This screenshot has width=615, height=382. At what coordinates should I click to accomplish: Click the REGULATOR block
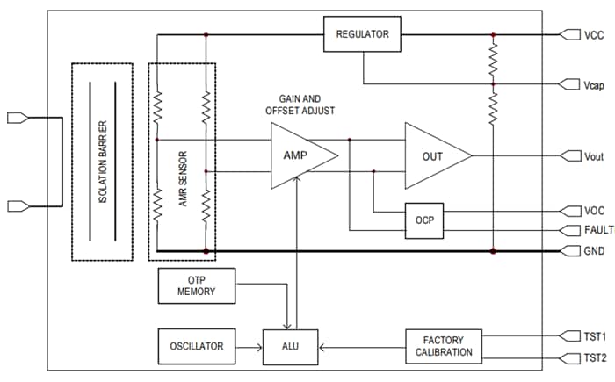362,36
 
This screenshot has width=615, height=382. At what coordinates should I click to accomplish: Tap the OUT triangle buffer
433,155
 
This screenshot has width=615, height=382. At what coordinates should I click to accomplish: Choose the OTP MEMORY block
197,285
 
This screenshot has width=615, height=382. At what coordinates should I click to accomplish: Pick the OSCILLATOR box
197,346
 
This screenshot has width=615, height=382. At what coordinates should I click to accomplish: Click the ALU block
291,346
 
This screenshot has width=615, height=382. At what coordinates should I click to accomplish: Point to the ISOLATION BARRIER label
102,161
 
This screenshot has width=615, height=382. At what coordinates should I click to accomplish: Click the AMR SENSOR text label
182,161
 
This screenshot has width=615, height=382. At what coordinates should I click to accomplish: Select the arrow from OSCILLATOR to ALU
249,346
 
